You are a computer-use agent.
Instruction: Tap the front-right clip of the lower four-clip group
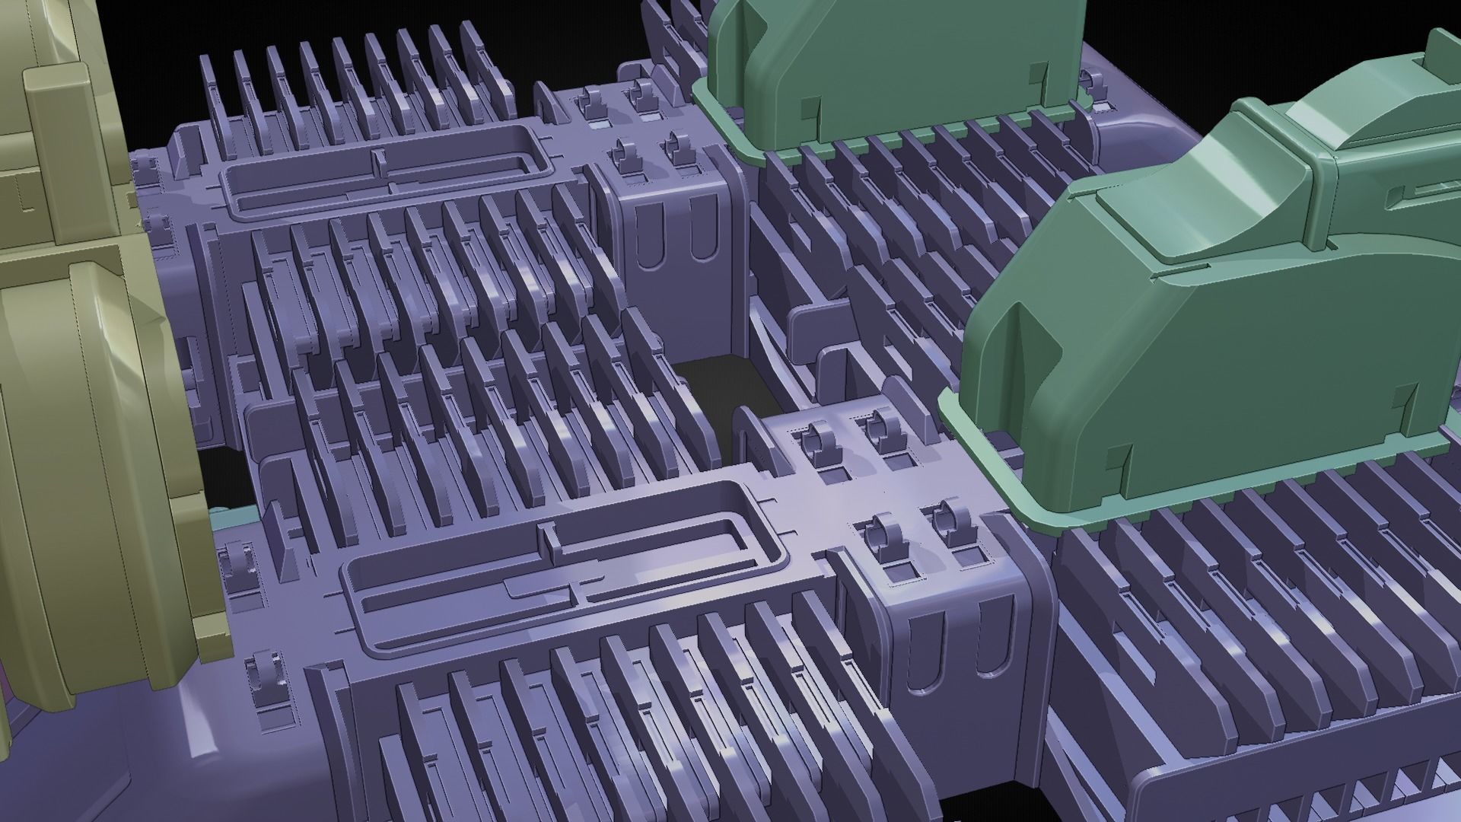click(x=951, y=525)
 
